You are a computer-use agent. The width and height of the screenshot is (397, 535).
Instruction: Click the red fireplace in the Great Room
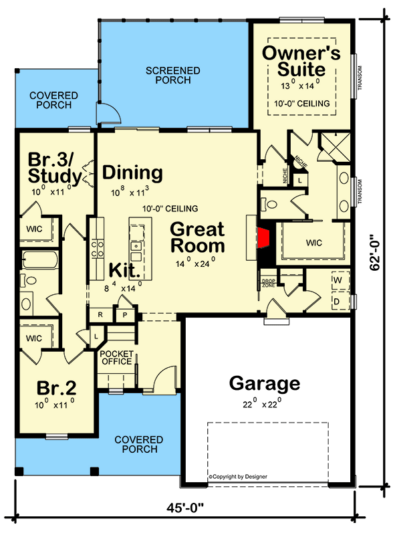tap(263, 238)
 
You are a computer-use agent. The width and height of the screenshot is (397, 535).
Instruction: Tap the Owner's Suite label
tap(301, 61)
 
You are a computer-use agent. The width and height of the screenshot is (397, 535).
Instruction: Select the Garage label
tap(265, 383)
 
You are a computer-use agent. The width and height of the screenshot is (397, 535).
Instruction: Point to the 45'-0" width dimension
tap(185, 508)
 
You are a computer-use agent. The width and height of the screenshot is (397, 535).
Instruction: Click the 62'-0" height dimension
tap(375, 252)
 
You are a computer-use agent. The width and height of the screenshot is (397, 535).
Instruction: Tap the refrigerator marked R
tap(100, 314)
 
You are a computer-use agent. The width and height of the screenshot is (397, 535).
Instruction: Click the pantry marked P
tap(125, 315)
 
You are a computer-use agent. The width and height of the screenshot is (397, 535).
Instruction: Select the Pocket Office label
tap(117, 358)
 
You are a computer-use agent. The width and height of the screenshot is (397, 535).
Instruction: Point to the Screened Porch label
tap(173, 76)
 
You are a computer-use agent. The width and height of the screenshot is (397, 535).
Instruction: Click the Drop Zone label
tap(269, 283)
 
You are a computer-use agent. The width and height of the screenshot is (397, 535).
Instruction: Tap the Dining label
tap(132, 173)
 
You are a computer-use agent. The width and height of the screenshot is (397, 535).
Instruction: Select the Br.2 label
tap(56, 388)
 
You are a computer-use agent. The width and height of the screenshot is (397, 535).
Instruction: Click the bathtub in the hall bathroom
tap(39, 260)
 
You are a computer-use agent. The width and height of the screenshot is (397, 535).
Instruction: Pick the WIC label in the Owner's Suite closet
tap(313, 243)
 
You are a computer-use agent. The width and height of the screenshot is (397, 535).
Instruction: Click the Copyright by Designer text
tap(238, 477)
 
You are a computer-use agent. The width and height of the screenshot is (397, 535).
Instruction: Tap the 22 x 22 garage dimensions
tap(262, 404)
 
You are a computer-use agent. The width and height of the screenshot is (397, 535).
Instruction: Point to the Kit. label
tap(124, 270)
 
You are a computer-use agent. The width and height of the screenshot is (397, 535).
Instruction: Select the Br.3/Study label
tap(55, 168)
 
